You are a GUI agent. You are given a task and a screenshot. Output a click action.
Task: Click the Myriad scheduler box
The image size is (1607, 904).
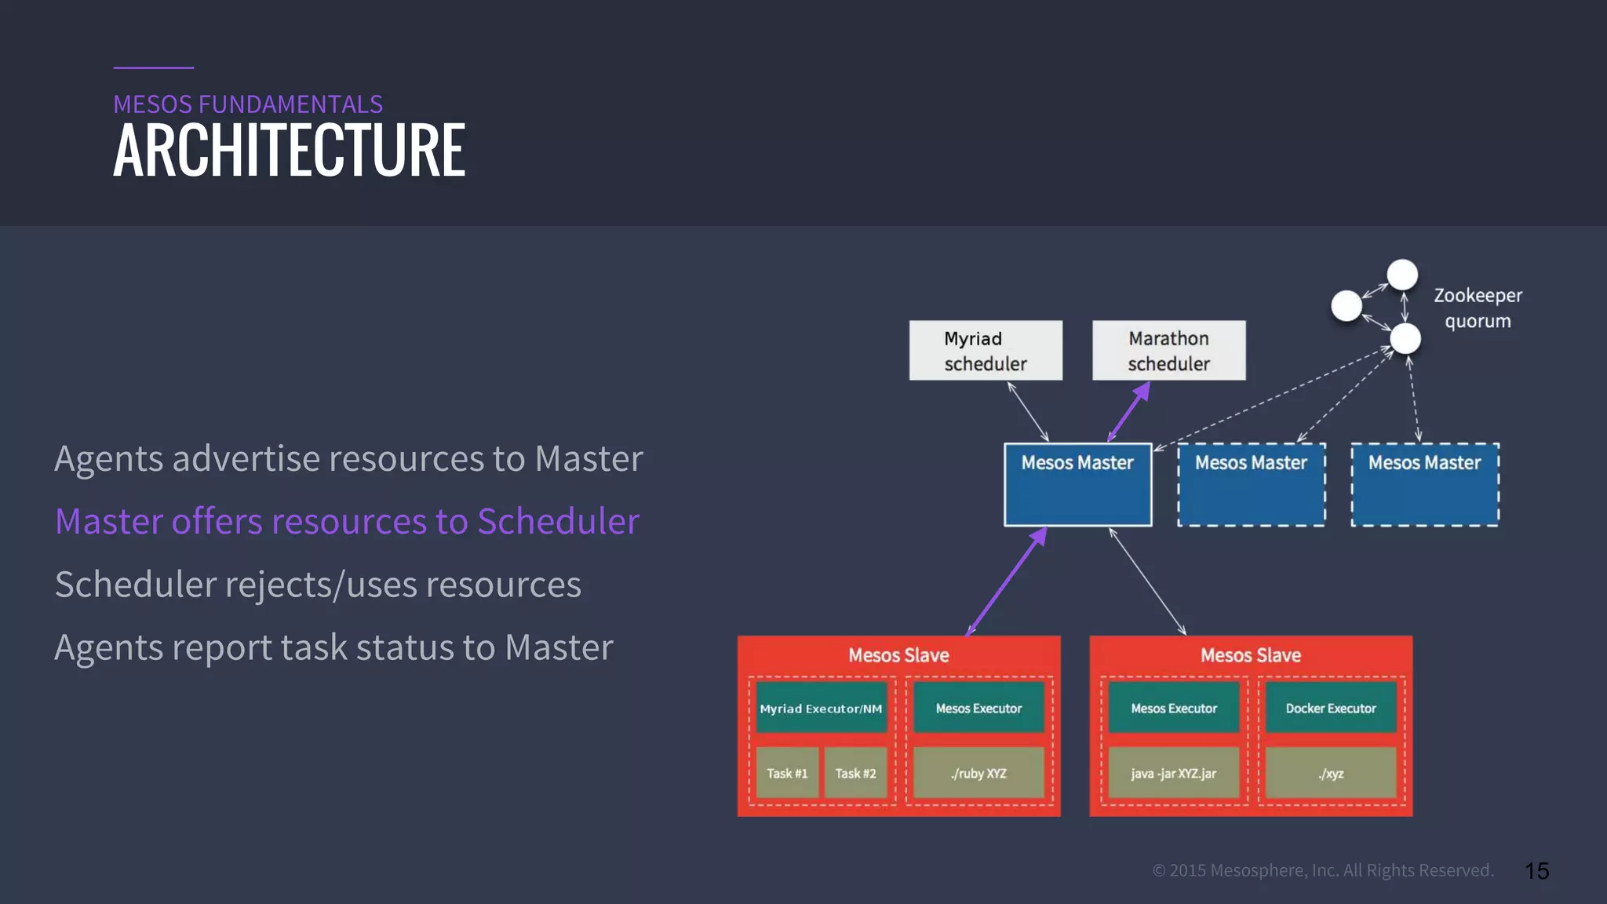986,350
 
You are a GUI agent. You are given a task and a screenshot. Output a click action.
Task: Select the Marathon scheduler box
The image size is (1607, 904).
1168,350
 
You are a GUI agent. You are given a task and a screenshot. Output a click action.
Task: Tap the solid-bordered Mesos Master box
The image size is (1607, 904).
1077,484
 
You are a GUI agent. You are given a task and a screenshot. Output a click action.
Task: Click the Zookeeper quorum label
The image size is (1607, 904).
1478,308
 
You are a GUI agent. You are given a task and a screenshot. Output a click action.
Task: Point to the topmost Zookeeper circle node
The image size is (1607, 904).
1402,275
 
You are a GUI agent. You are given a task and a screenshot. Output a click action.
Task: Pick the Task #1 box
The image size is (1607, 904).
787,773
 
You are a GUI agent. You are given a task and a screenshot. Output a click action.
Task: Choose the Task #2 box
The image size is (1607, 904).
855,773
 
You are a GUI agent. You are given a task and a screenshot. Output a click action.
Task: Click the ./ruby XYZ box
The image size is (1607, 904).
978,773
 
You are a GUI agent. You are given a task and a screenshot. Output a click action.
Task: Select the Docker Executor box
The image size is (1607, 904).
1331,708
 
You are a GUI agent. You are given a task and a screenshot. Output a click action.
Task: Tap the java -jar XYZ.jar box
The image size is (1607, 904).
1173,773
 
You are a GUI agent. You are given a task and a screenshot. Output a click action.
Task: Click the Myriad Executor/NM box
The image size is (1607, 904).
821,708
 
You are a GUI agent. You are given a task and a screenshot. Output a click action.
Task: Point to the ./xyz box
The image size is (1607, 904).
1331,773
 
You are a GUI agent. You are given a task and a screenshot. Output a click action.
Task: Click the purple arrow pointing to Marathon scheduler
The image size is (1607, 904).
1129,412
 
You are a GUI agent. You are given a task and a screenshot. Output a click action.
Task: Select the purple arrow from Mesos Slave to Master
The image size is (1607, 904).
1007,581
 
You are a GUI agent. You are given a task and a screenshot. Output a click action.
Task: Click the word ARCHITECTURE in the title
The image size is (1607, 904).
289,151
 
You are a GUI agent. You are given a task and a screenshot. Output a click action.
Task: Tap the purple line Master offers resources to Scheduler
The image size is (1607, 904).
347,521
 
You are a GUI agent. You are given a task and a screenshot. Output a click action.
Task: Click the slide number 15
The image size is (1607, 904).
1536,871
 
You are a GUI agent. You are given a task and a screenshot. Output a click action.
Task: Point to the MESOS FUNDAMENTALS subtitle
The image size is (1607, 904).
248,104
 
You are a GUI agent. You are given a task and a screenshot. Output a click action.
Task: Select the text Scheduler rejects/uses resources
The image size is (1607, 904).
318,585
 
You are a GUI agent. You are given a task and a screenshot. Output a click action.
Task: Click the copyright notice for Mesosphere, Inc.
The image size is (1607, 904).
1323,870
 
